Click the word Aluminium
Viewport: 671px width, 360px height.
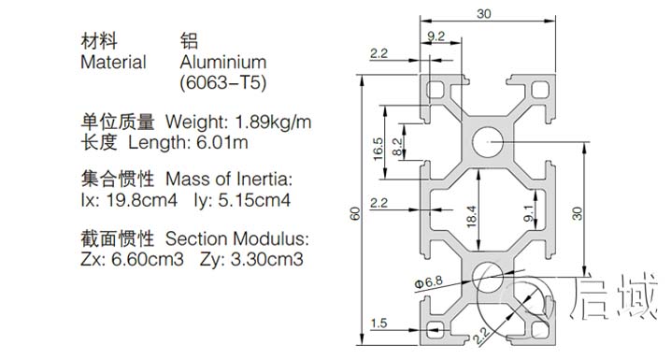[222, 63]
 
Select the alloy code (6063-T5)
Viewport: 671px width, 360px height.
[222, 83]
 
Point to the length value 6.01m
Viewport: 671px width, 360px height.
[221, 142]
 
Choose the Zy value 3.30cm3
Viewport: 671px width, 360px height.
[264, 258]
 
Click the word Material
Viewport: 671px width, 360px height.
[113, 63]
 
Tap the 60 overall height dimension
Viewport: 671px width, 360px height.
[355, 213]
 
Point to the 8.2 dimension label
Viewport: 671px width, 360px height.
[397, 146]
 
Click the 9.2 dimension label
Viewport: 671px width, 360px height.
[435, 36]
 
